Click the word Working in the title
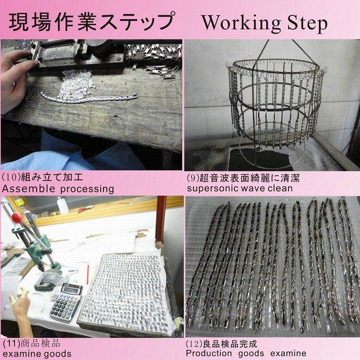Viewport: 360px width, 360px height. [x=241, y=24]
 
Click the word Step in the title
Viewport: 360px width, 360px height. [x=307, y=24]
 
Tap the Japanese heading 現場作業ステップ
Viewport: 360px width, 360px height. [x=92, y=22]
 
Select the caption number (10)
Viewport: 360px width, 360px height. [x=11, y=177]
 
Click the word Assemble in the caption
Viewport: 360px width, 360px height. [x=29, y=189]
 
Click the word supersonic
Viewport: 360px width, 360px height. [x=213, y=189]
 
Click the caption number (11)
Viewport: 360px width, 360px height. [x=11, y=344]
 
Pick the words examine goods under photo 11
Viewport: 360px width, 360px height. [x=37, y=354]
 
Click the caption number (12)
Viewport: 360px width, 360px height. [x=195, y=344]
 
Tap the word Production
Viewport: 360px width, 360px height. [x=209, y=353]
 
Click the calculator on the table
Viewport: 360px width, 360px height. [x=66, y=301]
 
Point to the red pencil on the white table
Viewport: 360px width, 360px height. [x=88, y=274]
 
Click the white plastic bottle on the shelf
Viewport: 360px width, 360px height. [x=62, y=205]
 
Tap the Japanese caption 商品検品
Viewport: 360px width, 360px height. [x=40, y=344]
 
